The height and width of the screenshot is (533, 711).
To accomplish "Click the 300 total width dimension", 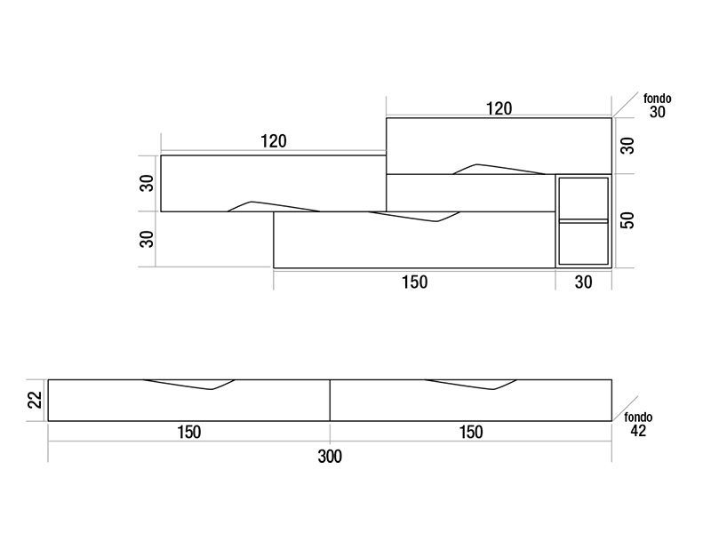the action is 330,457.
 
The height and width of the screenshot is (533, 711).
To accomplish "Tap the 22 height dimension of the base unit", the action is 35,401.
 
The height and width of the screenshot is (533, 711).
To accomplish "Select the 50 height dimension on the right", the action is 627,220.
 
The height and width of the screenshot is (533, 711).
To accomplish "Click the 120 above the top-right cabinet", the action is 499,108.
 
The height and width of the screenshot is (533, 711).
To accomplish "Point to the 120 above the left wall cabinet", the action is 274,141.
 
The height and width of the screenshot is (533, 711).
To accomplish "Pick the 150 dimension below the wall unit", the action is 414,282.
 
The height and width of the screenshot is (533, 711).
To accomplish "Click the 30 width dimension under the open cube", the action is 584,282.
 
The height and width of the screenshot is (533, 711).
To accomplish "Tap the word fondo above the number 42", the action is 638,417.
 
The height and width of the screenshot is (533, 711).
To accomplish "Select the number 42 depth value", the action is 638,431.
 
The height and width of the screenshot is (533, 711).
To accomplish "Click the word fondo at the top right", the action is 657,99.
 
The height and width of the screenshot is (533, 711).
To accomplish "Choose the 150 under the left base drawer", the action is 188,433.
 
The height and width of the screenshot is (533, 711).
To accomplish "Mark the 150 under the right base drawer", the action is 471,433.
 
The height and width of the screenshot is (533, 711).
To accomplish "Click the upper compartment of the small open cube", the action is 583,198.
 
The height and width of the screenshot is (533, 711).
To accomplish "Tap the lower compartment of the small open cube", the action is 583,243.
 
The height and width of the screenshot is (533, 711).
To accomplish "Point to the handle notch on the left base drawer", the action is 189,385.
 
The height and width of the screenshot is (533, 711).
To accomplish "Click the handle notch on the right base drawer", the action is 471,385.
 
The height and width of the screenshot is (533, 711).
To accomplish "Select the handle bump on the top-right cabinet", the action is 499,169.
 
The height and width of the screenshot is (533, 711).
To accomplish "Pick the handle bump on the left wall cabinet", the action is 274,206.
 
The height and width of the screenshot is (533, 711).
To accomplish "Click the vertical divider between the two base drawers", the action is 330,401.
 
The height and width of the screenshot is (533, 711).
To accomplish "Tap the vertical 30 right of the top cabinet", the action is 627,146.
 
